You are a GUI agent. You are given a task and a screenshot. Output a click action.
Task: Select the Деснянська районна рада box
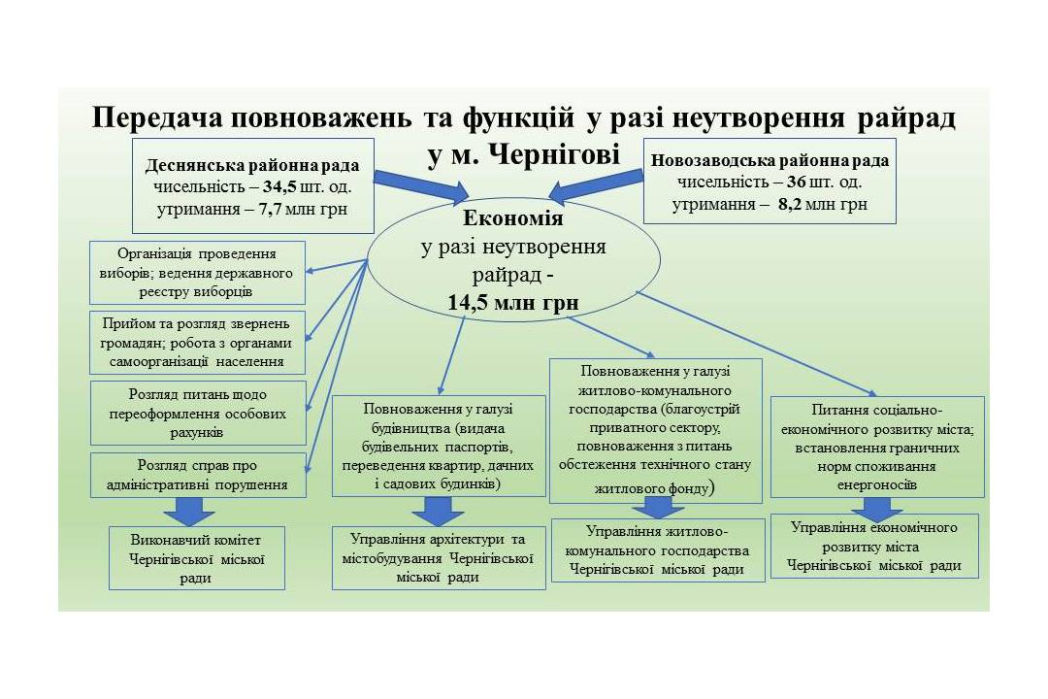pyautogui.click(x=253, y=186)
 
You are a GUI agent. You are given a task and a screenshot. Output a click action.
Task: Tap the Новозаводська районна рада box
pyautogui.click(x=770, y=181)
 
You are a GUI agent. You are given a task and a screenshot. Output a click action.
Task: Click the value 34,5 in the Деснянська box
pyautogui.click(x=279, y=186)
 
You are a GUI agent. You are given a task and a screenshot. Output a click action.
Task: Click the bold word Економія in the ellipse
pyautogui.click(x=513, y=218)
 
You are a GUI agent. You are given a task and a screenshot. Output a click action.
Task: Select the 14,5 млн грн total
pyautogui.click(x=513, y=302)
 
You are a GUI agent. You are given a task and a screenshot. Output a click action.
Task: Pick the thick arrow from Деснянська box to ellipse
pyautogui.click(x=421, y=187)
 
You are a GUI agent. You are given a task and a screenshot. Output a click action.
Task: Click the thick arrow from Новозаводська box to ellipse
pyautogui.click(x=595, y=186)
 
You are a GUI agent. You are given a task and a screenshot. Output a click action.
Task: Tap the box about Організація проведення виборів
pyautogui.click(x=197, y=273)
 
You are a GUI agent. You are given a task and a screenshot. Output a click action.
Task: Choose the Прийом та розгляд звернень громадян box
pyautogui.click(x=197, y=343)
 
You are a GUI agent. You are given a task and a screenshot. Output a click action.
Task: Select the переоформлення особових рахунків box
pyautogui.click(x=198, y=413)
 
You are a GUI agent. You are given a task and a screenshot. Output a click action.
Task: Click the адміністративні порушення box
pyautogui.click(x=198, y=475)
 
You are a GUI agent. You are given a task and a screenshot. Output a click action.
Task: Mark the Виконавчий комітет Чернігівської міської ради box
pyautogui.click(x=196, y=558)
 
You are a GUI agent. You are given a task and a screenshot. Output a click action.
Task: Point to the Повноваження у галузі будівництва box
pyautogui.click(x=439, y=446)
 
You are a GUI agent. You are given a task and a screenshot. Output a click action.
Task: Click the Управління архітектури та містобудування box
pyautogui.click(x=439, y=558)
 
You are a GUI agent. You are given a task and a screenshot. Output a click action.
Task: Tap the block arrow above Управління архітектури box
pyautogui.click(x=438, y=511)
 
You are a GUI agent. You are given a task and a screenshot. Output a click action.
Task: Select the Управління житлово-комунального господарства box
pyautogui.click(x=658, y=549)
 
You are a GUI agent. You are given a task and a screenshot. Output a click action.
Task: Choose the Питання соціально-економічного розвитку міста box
pyautogui.click(x=877, y=447)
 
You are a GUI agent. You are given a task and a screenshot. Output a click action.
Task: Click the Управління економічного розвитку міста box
pyautogui.click(x=874, y=546)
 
